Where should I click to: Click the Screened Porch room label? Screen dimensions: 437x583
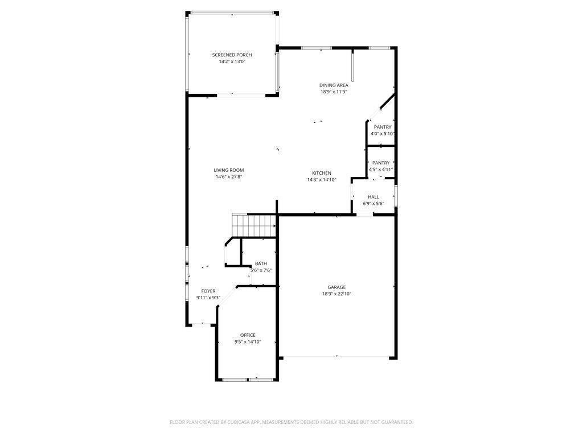[x=232, y=55]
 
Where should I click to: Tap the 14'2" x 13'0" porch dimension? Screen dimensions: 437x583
[x=232, y=62]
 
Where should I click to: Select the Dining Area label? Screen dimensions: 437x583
[x=334, y=85]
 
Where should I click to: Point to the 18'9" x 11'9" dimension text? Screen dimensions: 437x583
[x=334, y=92]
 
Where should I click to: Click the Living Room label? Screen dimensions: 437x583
[x=229, y=170]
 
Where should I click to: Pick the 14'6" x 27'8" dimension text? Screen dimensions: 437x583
[x=229, y=178]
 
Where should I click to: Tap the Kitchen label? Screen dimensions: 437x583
[x=321, y=173]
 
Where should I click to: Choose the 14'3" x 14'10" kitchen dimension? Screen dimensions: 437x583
[x=321, y=180]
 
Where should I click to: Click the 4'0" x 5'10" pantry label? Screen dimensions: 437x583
[x=382, y=134]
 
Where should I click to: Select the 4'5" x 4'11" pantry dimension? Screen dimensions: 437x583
[x=381, y=170]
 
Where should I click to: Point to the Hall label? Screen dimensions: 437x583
[x=373, y=197]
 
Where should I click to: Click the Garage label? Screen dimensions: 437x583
[x=336, y=287]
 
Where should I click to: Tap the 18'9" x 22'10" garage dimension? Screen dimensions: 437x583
[x=336, y=294]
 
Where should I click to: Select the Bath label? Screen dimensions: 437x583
[x=261, y=263]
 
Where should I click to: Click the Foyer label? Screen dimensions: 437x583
[x=208, y=291]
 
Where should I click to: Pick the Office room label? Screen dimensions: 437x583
[x=248, y=335]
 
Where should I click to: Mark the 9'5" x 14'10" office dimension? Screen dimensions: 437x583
[x=248, y=342]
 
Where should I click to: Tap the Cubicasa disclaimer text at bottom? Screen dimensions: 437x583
[x=291, y=422]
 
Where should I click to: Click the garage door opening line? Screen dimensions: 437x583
[x=336, y=357]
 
